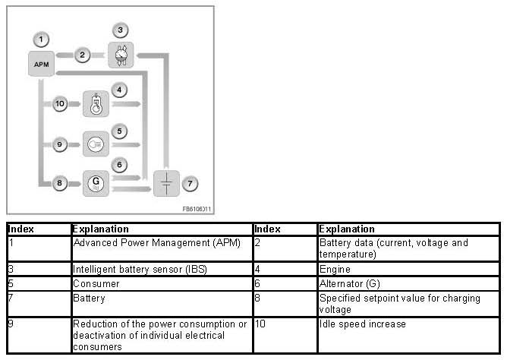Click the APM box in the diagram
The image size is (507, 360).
point(41,64)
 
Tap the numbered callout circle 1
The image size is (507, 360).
point(41,38)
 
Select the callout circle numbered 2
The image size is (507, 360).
point(82,55)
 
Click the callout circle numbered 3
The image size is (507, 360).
point(119,30)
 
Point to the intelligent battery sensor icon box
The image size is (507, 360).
point(120,55)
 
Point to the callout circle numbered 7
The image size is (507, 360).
point(191,182)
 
